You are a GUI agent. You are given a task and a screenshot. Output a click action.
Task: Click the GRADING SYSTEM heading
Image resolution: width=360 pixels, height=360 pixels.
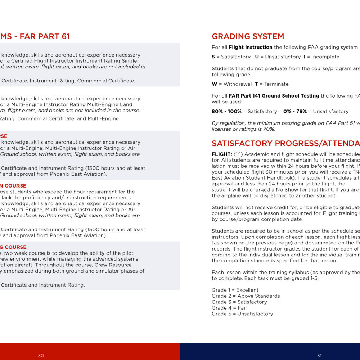(248, 36)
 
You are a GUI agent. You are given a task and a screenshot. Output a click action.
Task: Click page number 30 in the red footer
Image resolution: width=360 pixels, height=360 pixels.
(41, 356)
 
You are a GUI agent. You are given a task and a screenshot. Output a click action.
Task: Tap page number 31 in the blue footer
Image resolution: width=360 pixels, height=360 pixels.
(319, 356)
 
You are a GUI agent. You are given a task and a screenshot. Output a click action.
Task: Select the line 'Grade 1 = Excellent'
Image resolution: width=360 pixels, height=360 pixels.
(235, 290)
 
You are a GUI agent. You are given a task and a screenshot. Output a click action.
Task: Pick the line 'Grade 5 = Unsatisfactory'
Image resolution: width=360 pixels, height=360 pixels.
(242, 314)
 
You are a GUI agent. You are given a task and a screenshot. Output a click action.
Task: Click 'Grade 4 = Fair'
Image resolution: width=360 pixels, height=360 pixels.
(229, 308)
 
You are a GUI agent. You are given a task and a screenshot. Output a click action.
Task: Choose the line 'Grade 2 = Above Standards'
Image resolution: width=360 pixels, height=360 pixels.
(246, 296)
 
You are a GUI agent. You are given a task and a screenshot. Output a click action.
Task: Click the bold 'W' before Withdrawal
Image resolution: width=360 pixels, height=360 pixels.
(214, 84)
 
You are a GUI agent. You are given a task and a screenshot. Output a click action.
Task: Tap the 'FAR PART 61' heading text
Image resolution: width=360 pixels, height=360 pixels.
(45, 36)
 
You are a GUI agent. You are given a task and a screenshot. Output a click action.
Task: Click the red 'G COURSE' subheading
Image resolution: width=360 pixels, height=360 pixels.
(13, 247)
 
